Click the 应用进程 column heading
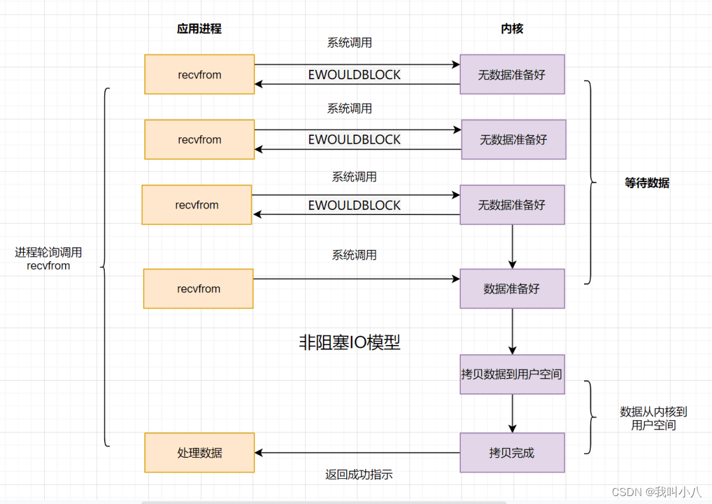[199, 29]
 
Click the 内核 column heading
[512, 29]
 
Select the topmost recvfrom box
[200, 75]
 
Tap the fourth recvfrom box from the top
[198, 288]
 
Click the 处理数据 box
[200, 453]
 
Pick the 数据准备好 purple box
[512, 288]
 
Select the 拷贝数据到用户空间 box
[512, 374]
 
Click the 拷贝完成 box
[512, 453]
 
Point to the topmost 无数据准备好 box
[512, 75]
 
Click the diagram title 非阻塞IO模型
[349, 342]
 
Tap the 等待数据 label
[647, 183]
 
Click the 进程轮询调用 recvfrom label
[49, 259]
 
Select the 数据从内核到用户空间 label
[653, 418]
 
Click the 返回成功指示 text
[359, 474]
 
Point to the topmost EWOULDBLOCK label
[355, 75]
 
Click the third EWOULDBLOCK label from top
[355, 206]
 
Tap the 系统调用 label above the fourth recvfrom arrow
[355, 255]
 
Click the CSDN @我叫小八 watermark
[657, 492]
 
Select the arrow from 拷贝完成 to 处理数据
[356, 453]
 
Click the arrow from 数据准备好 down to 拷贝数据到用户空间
[512, 331]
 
